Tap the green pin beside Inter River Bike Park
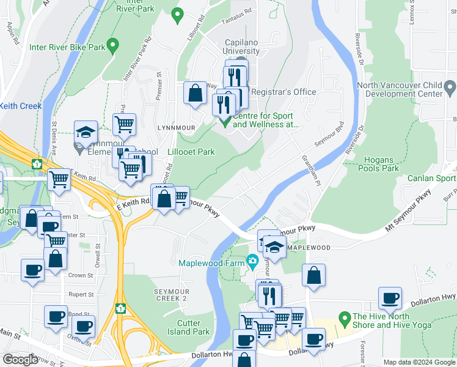click(x=112, y=45)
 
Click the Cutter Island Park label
click(x=192, y=327)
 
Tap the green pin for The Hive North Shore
click(x=343, y=318)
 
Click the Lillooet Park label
click(x=191, y=152)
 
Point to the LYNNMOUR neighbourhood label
click(x=162, y=127)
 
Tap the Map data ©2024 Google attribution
click(x=419, y=362)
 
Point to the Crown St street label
click(x=81, y=276)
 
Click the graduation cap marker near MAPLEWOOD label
click(x=275, y=248)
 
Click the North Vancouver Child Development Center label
click(x=408, y=89)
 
